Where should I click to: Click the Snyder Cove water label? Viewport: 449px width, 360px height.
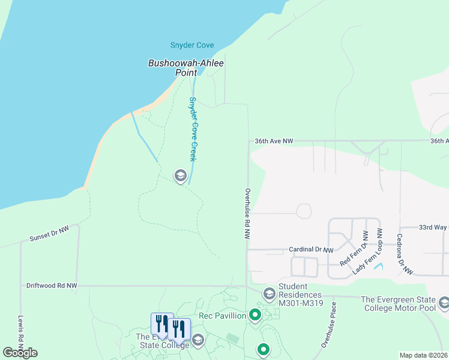point(192,46)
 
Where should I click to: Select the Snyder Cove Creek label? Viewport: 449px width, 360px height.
point(193,128)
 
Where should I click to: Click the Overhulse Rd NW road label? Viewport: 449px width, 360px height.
point(247,214)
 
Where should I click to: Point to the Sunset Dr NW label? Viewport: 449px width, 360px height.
point(49,234)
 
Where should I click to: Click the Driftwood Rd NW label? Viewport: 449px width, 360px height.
point(52,286)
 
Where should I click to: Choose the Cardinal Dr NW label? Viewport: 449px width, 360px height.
point(310,250)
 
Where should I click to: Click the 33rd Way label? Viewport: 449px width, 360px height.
point(432,228)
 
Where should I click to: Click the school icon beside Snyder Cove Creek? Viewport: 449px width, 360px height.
point(179,176)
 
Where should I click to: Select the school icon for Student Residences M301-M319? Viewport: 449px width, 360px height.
point(270,293)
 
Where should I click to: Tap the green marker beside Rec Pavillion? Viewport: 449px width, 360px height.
point(255,314)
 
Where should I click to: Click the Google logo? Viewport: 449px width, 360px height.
point(20,353)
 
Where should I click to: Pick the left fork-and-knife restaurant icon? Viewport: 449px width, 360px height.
point(161,325)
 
